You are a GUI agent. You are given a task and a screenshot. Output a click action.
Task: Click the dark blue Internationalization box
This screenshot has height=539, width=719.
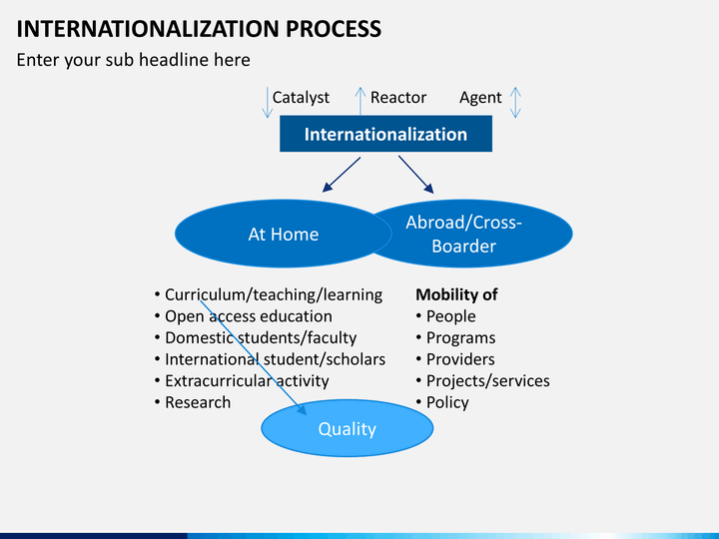pos(385,134)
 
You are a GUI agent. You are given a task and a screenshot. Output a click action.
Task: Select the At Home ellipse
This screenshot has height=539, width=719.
pos(284,234)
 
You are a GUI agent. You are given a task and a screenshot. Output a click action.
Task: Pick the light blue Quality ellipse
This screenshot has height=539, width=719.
pos(348,428)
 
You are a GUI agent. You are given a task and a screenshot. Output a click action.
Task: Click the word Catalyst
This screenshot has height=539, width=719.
pos(301,98)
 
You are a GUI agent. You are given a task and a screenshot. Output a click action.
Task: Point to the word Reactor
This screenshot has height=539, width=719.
pos(398,97)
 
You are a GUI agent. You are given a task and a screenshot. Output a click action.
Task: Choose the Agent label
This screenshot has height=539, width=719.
pos(480,98)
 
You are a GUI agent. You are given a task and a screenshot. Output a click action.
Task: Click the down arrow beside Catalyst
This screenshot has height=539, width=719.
pos(268,102)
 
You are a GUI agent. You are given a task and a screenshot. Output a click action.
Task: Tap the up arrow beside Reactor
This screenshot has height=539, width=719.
pos(360,101)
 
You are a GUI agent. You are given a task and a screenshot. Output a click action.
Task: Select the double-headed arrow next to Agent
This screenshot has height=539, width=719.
pos(515,102)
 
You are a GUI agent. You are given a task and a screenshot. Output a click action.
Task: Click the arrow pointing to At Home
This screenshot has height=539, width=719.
pos(342,175)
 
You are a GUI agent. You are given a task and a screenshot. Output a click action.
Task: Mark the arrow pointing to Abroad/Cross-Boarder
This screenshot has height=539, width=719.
pos(415,175)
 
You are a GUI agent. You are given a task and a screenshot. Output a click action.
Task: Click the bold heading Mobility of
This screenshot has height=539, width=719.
pos(456,294)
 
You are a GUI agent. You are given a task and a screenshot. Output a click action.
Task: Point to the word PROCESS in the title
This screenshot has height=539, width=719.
pos(334,28)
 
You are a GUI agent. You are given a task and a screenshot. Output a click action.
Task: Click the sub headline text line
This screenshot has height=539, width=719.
pos(134,60)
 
